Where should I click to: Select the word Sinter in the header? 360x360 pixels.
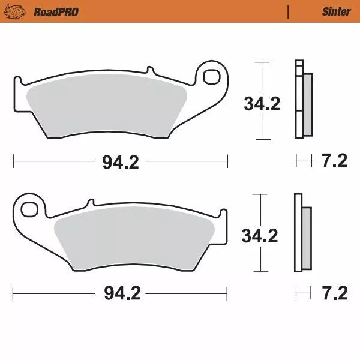(x=336, y=11)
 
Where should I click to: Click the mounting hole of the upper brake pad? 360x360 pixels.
(x=212, y=76)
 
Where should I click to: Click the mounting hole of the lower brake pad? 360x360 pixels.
(x=28, y=209)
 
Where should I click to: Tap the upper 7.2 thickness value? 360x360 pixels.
(x=335, y=161)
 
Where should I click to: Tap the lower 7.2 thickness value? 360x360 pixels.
(x=335, y=293)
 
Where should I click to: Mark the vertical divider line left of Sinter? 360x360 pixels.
(x=289, y=11)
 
